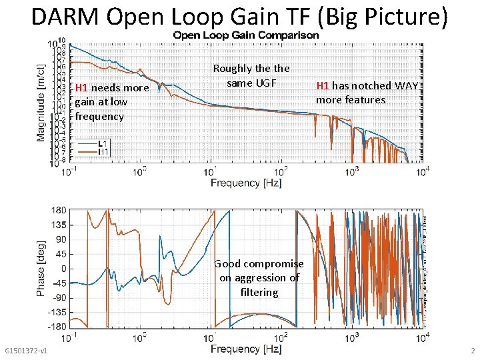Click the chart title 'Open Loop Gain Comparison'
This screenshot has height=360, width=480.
[246, 35]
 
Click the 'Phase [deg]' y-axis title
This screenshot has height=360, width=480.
[41, 268]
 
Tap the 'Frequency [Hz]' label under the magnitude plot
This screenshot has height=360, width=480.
[245, 183]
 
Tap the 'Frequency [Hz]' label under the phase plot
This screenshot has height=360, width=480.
[245, 349]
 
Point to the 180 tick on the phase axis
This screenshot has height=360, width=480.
[59, 210]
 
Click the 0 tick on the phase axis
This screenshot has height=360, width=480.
[63, 268]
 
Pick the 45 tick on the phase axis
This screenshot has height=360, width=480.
[60, 253]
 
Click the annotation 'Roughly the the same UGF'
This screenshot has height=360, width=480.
[251, 75]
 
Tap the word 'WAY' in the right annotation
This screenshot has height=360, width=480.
[406, 85]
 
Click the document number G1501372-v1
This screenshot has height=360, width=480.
[25, 351]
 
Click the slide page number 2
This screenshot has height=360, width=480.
[473, 351]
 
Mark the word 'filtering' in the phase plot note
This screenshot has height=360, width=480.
[259, 292]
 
